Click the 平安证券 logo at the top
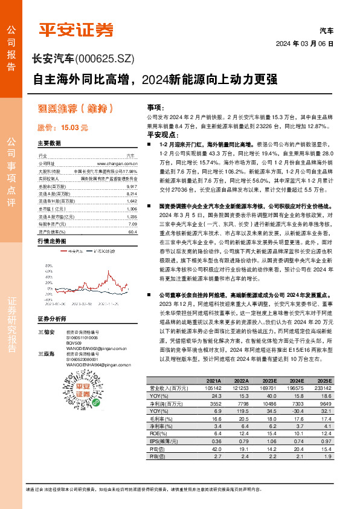(x=76, y=29)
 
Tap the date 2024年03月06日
(x=305, y=44)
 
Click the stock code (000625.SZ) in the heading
(x=104, y=58)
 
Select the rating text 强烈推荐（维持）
(x=76, y=109)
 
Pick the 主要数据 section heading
(x=50, y=143)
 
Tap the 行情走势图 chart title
(x=51, y=241)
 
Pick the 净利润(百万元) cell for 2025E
(x=321, y=403)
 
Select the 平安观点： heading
(x=161, y=135)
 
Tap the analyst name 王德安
(x=46, y=332)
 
